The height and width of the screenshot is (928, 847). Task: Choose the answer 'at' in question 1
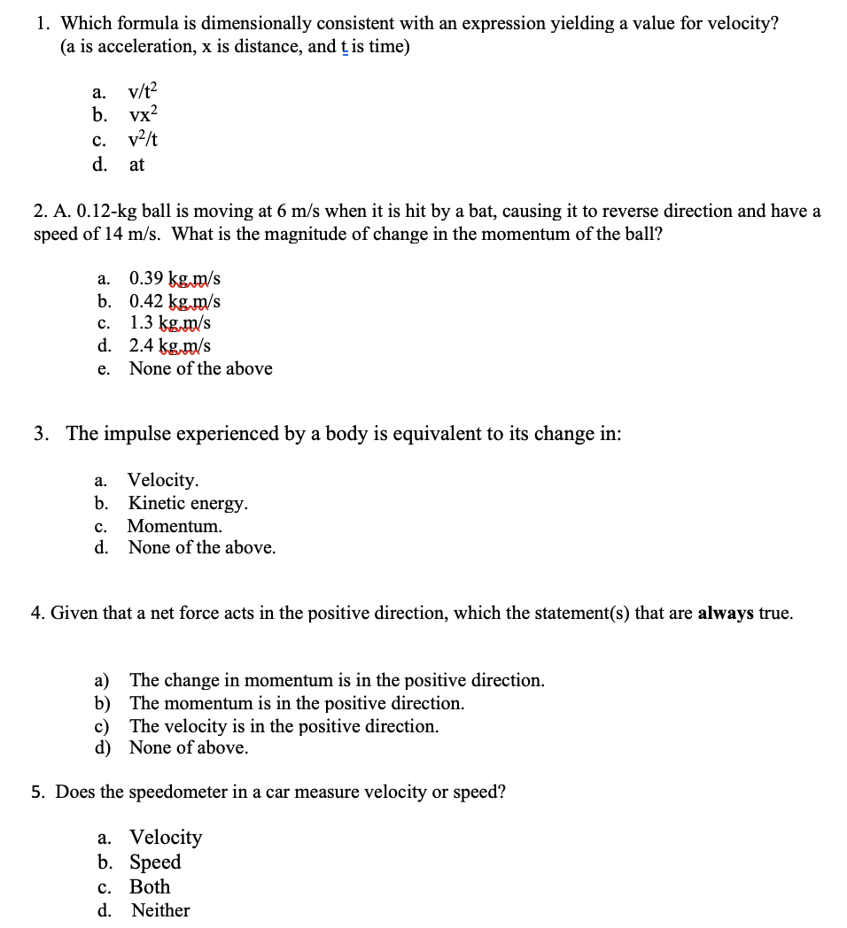136,164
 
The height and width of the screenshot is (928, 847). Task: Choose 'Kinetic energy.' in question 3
188,503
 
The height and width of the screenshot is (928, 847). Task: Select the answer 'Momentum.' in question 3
175,526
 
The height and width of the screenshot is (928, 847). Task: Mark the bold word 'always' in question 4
726,613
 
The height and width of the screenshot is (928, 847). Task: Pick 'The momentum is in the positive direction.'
297,703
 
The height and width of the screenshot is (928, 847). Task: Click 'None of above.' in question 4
189,747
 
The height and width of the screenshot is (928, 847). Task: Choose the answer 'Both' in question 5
150,886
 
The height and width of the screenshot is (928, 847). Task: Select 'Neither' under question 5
160,910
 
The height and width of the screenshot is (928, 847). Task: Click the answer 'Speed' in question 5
155,862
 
